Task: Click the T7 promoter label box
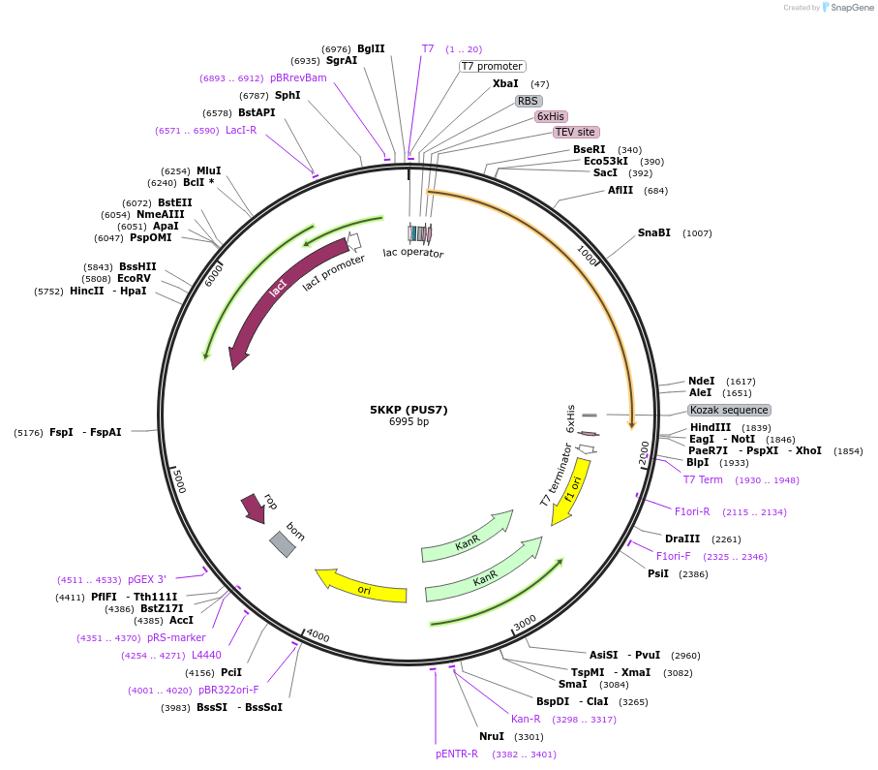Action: tap(492, 67)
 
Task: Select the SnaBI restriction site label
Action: tap(653, 233)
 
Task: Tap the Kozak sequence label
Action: tap(729, 410)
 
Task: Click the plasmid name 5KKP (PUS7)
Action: tap(409, 410)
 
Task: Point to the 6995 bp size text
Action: tap(409, 422)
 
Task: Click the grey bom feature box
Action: tap(282, 544)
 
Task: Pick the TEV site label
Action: tap(576, 132)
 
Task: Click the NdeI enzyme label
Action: tap(701, 382)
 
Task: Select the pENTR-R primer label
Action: tap(457, 754)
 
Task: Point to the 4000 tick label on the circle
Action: tap(318, 636)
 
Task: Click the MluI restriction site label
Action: tap(208, 170)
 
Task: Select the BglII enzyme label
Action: tap(371, 48)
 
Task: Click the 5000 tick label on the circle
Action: tap(178, 479)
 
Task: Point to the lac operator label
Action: tap(413, 254)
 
